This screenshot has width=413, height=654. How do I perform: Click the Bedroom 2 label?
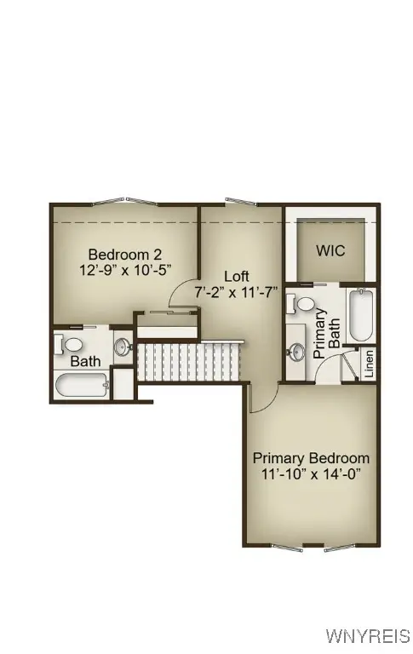(125, 254)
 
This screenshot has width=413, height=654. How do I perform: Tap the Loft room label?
(237, 276)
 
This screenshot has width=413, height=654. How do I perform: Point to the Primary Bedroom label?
(311, 458)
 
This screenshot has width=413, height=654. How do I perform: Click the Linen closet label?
(370, 364)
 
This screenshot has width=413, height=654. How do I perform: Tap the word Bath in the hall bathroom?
(85, 361)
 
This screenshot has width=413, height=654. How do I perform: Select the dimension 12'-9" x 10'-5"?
(125, 269)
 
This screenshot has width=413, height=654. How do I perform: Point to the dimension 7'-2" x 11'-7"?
(238, 291)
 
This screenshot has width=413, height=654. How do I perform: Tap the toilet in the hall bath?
(70, 344)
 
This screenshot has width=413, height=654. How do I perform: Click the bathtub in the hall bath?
(82, 384)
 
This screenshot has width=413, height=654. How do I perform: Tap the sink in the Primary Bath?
(296, 350)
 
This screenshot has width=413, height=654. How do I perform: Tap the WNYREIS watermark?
(368, 636)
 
